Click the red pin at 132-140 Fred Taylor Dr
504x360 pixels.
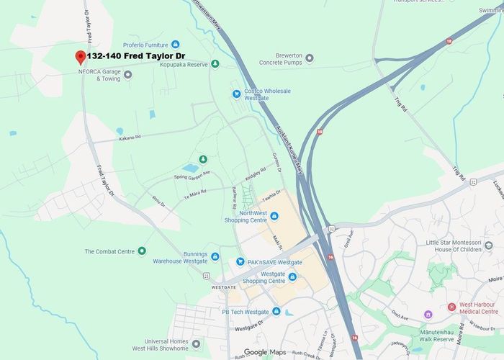pos(80,57)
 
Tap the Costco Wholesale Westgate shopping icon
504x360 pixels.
pos(235,94)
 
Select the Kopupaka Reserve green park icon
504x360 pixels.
pos(215,64)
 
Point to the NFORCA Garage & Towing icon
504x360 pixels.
pos(128,74)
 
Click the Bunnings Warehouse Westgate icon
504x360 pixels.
pos(215,256)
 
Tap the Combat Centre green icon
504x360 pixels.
pos(142,251)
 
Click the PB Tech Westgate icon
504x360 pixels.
pos(276,311)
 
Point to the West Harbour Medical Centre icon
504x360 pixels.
pos(452,307)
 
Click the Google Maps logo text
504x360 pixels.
pos(264,352)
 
